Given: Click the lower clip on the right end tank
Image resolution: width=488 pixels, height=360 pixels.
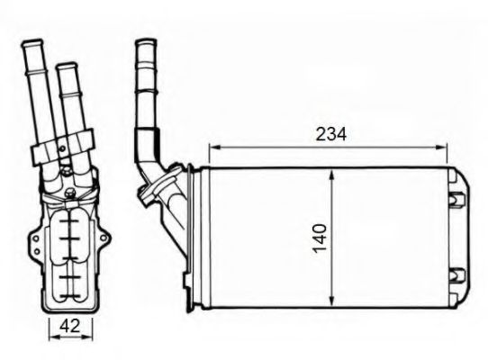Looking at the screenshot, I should pyautogui.click(x=456, y=274).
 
